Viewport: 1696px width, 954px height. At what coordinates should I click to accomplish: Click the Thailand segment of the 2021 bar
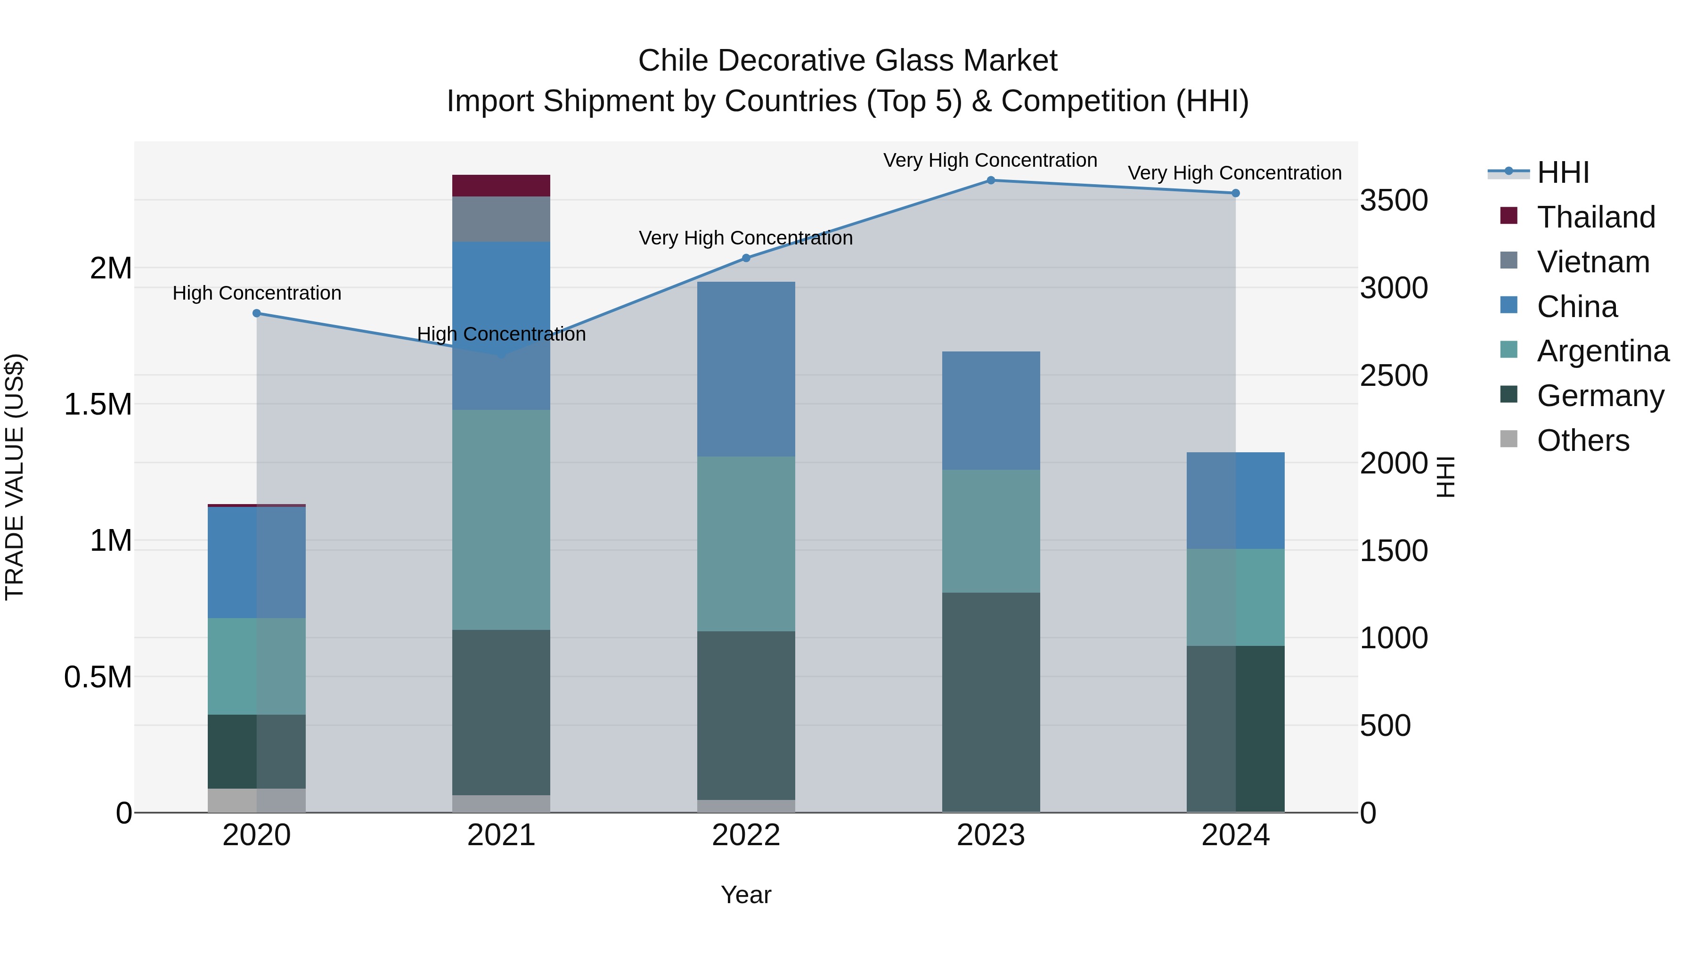click(x=501, y=185)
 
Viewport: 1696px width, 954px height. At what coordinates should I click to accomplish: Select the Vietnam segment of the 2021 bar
click(x=501, y=219)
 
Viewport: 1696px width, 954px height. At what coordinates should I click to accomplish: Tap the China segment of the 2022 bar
click(x=746, y=369)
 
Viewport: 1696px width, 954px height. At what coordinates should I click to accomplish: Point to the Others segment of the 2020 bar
click(x=257, y=800)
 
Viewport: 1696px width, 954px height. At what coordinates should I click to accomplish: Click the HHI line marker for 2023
click(x=991, y=180)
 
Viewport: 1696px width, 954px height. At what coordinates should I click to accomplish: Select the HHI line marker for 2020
click(x=257, y=313)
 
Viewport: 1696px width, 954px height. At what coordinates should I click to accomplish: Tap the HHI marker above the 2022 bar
click(x=746, y=258)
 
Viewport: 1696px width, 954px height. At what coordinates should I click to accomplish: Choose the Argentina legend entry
click(x=1603, y=351)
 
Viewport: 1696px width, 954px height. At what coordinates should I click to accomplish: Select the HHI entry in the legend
click(x=1562, y=172)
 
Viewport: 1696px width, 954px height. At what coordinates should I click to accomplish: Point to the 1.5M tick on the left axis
click(x=98, y=404)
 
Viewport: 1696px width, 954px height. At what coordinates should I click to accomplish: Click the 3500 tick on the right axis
click(x=1394, y=200)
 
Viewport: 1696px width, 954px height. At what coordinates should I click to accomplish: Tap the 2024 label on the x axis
click(x=1235, y=835)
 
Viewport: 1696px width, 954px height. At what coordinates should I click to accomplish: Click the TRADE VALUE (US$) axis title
click(x=15, y=477)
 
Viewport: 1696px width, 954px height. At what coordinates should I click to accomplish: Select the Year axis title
click(x=746, y=895)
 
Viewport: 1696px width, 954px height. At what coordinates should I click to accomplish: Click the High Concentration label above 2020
click(x=257, y=293)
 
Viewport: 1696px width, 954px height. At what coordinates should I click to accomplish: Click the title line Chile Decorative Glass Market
click(x=848, y=61)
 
